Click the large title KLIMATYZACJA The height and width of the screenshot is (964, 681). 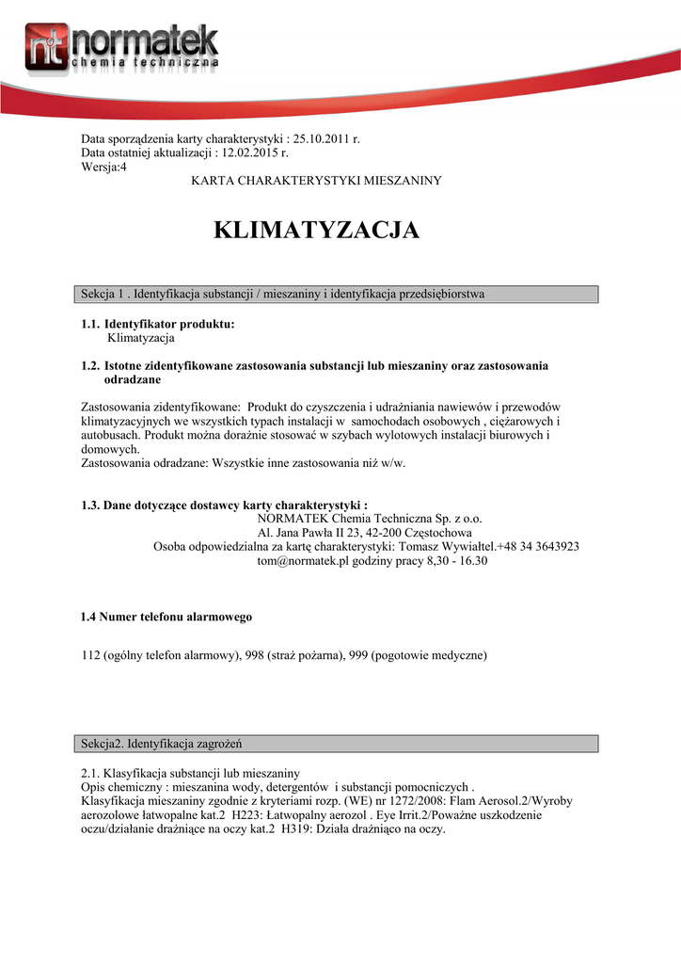pos(317,231)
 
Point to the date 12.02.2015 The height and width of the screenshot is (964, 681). pos(251,153)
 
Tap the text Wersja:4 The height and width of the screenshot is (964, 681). pos(103,166)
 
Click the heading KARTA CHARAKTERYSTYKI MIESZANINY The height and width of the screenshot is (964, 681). pos(316,180)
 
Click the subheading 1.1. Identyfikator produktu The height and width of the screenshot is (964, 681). pos(158,324)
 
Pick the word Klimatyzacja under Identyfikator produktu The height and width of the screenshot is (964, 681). pos(141,337)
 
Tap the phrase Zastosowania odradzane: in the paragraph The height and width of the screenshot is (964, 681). pos(145,463)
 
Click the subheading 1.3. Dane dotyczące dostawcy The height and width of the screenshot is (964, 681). pos(224,506)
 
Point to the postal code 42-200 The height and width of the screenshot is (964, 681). pos(384,533)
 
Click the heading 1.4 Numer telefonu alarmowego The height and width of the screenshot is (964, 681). pos(166,618)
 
